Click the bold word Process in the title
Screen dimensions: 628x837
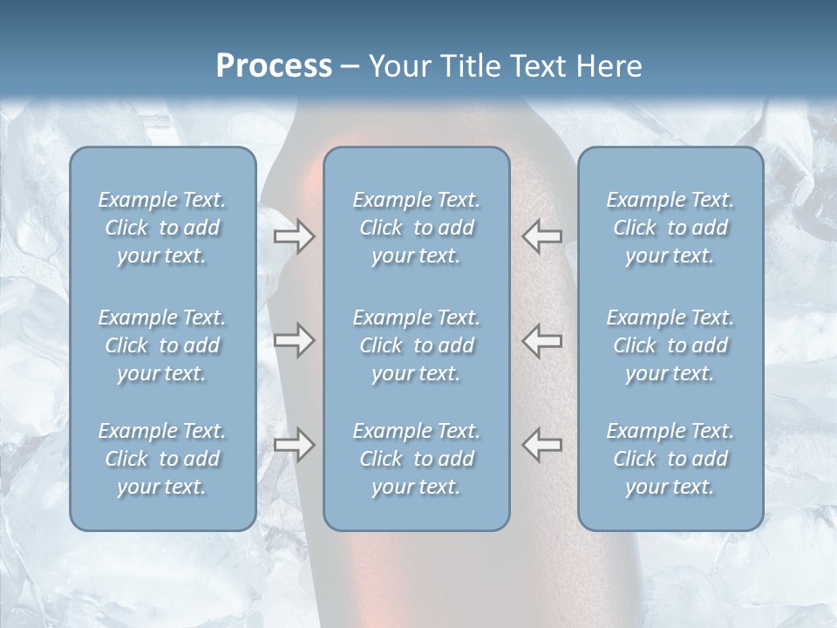274,65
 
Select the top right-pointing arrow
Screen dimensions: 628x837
294,236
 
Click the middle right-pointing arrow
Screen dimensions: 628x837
294,340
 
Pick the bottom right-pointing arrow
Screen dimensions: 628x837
294,445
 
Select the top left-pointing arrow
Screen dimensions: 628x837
541,236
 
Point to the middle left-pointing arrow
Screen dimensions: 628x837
541,340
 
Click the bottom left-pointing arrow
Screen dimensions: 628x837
541,445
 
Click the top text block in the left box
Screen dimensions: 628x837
162,228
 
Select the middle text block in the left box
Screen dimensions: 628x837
162,345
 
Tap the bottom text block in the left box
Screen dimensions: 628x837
162,459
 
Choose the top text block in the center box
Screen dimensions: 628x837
416,228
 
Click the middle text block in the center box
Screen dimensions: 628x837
416,345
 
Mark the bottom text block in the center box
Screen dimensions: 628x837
416,459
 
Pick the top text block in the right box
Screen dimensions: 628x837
670,228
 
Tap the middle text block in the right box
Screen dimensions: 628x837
670,345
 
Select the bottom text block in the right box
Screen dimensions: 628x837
670,459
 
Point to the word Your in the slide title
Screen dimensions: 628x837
397,65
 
